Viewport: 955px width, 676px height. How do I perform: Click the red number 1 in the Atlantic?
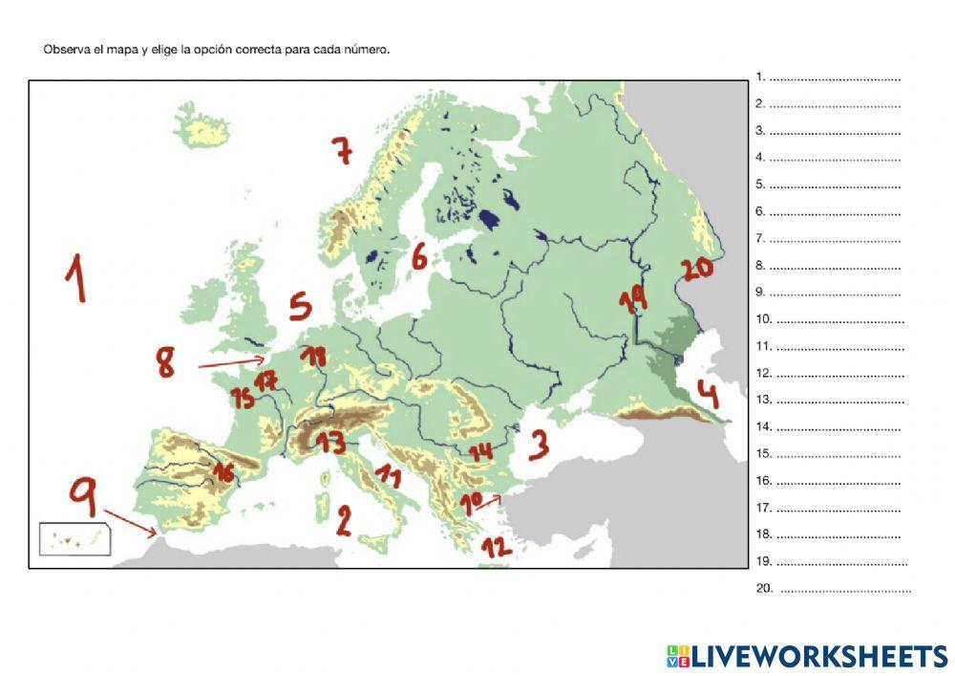click(x=76, y=278)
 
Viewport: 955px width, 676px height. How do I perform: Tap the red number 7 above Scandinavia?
click(x=342, y=150)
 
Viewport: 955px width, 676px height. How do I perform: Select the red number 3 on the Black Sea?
click(x=540, y=444)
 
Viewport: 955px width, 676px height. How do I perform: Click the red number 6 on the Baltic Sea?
click(x=419, y=256)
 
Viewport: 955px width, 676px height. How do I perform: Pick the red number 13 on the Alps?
click(x=330, y=443)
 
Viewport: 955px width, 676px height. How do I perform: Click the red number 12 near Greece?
click(x=496, y=547)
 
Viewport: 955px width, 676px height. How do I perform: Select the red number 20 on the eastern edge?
click(x=697, y=269)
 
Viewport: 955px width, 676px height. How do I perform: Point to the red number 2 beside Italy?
click(x=344, y=519)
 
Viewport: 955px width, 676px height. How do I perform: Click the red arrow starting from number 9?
click(x=132, y=523)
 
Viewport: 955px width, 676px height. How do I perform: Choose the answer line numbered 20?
click(x=844, y=589)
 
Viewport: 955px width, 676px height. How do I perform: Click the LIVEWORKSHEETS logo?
click(x=807, y=656)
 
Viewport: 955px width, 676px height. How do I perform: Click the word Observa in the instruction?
click(x=64, y=50)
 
